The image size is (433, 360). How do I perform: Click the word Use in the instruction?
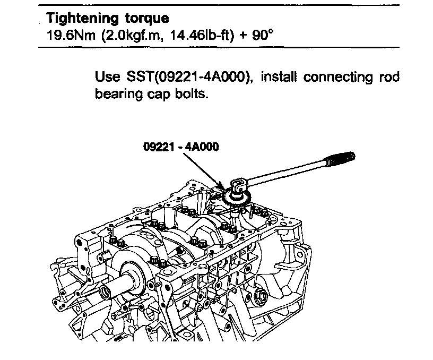(x=107, y=77)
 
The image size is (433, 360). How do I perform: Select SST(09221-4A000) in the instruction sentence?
(x=187, y=78)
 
